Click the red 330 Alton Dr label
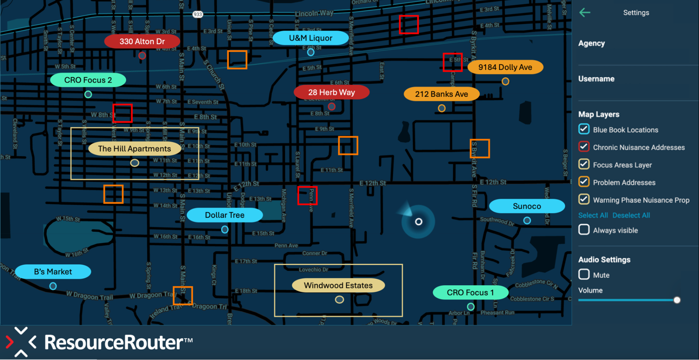142,41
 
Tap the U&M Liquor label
311,38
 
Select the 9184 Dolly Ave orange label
505,67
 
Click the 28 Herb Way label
331,92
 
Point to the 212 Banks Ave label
441,94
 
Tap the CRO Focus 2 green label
88,80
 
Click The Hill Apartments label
134,149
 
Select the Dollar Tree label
224,215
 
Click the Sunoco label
527,206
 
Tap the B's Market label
53,272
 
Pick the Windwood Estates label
338,285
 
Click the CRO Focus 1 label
470,293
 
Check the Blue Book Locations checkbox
584,129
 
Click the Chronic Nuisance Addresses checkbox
584,147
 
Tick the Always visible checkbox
584,230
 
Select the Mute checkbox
584,275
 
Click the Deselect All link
631,215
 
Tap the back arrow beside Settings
585,13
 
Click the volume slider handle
677,300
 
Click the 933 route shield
198,14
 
